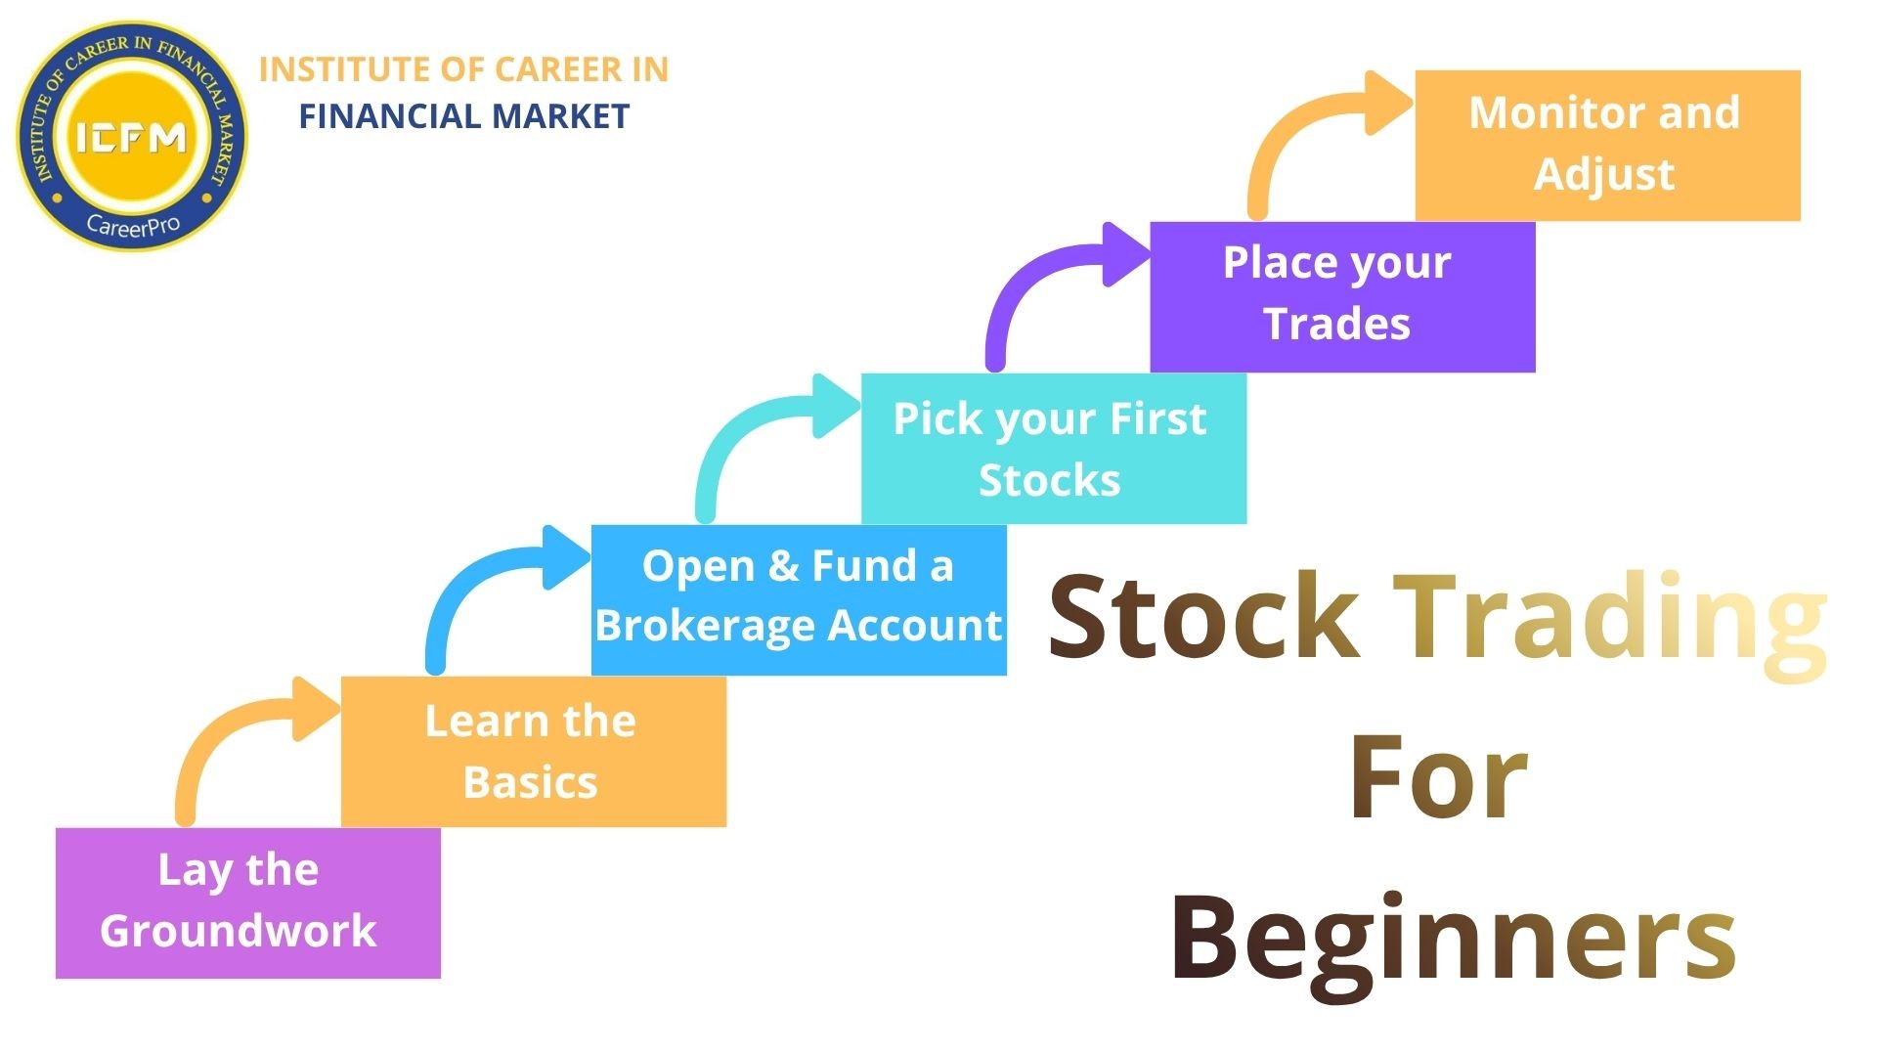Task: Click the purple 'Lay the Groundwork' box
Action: pos(247,901)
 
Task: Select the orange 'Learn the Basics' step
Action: pos(533,751)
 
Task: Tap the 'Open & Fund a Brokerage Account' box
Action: pos(798,598)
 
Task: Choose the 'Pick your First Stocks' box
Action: pos(1052,448)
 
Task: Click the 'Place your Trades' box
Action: pos(1341,296)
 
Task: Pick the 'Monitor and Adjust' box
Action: pos(1606,145)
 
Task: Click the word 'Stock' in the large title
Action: pos(1202,616)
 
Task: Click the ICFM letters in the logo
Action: pos(131,137)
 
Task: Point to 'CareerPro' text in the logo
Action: pos(133,225)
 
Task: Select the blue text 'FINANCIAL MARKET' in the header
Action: pos(463,116)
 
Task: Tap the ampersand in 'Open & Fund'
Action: pos(782,566)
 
